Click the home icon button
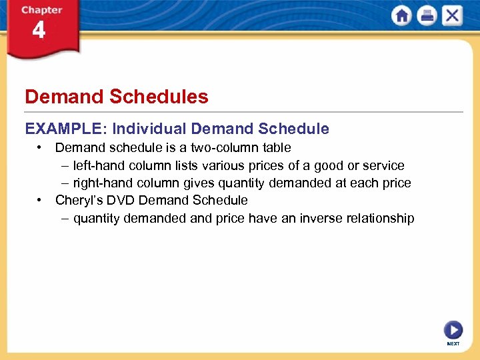pos(402,15)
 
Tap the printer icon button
pos(427,15)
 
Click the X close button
pos(453,15)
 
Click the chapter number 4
pos(39,31)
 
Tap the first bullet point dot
pos(41,147)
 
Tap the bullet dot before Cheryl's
pos(41,199)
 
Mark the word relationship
pos(381,218)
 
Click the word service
pos(383,165)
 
